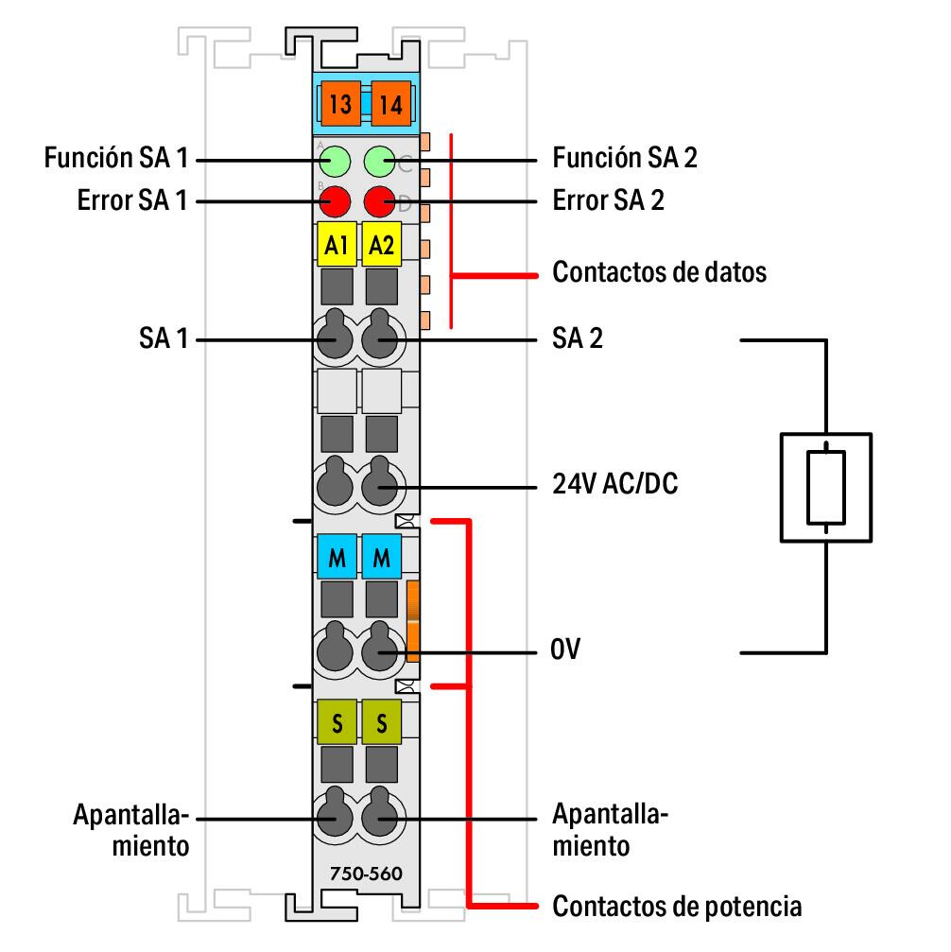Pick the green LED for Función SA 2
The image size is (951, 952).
click(x=379, y=160)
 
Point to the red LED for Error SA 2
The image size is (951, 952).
click(x=379, y=200)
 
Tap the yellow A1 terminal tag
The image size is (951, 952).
click(x=336, y=245)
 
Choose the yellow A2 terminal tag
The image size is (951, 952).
click(x=382, y=245)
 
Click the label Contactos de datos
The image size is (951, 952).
click(x=659, y=273)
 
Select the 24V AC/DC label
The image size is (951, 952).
click(x=614, y=486)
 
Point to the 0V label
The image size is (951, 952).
click(x=568, y=652)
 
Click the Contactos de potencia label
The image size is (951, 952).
click(x=677, y=907)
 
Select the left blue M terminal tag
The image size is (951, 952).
click(x=336, y=559)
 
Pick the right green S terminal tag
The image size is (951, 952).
click(x=382, y=725)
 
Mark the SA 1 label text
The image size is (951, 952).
click(x=164, y=338)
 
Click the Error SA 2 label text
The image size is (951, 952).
click(x=608, y=201)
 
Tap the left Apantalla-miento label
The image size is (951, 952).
click(x=131, y=828)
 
